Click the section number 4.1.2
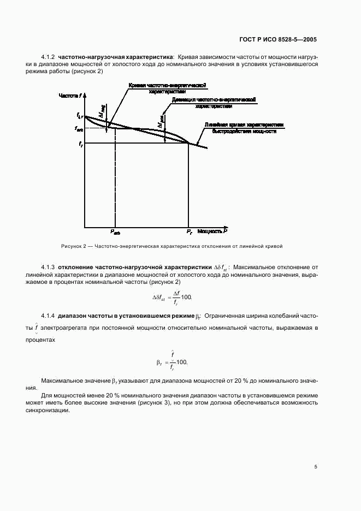click(49, 57)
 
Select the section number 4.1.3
click(49, 268)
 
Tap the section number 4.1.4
click(49, 316)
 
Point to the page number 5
click(316, 467)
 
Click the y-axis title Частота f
click(70, 96)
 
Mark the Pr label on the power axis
click(189, 232)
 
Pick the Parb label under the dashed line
click(115, 232)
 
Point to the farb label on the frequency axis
click(79, 129)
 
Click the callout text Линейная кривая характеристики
click(245, 124)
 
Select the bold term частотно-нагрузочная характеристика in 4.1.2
click(115, 57)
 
